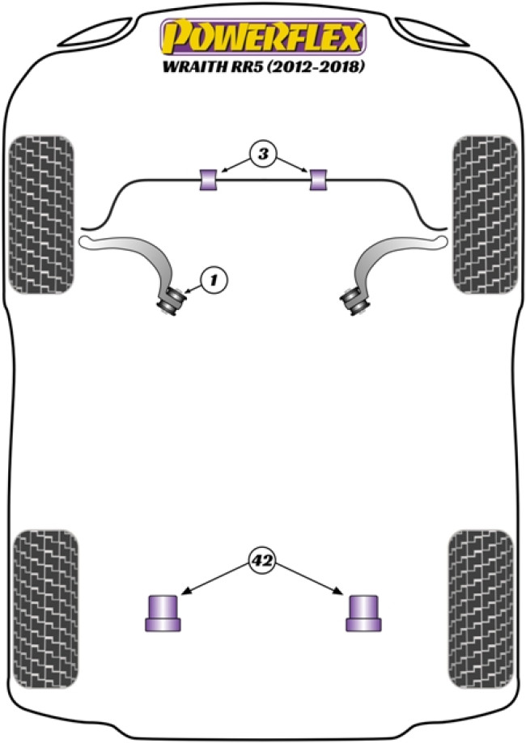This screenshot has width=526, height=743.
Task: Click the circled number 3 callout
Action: coord(263,152)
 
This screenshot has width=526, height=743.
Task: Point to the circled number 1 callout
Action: coord(214,281)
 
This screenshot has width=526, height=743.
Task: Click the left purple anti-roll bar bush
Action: coord(209,180)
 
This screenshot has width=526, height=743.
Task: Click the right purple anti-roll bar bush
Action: coord(319,180)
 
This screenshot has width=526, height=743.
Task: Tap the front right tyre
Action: coord(484,214)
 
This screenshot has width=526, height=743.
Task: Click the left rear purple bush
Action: coord(163,613)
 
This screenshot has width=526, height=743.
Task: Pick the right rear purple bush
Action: coord(364,613)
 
